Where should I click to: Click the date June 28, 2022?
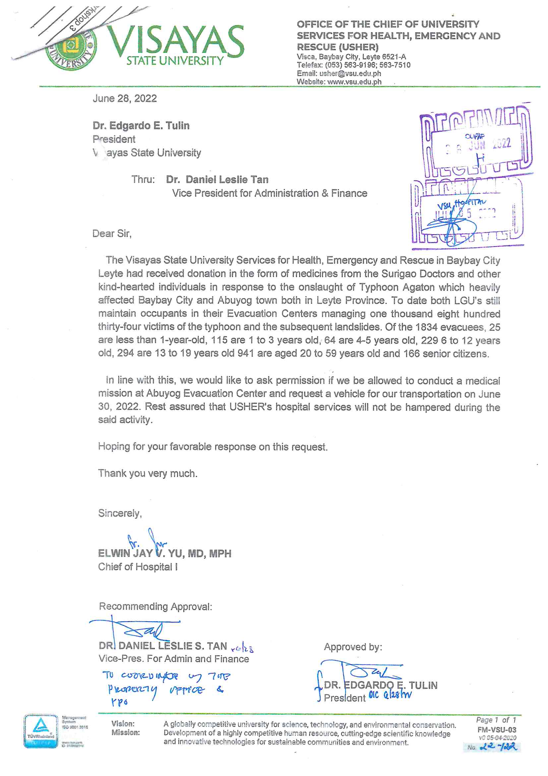(x=125, y=98)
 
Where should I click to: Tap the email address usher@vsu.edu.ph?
(x=350, y=73)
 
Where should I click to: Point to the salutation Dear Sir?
(x=112, y=234)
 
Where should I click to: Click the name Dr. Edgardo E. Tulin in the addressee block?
(x=141, y=126)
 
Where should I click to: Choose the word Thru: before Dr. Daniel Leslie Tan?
(x=143, y=180)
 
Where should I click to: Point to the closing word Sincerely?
(x=120, y=513)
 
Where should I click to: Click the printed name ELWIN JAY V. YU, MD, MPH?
(x=165, y=553)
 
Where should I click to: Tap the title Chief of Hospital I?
(x=138, y=567)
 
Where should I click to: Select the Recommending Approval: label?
(x=156, y=606)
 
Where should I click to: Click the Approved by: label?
(x=353, y=647)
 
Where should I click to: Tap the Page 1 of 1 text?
(x=496, y=720)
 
